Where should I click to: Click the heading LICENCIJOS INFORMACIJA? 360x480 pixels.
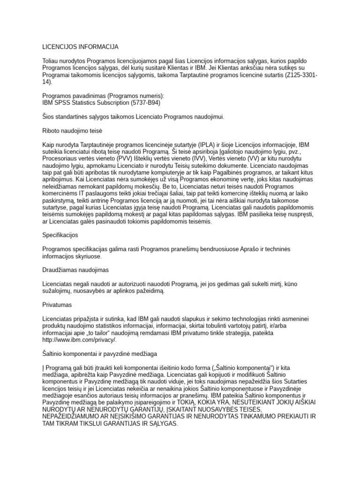coord(80,47)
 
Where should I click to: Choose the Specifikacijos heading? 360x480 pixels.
coord(60,234)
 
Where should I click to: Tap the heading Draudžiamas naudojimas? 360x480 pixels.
coord(75,270)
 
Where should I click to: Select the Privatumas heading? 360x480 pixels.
coord(57,305)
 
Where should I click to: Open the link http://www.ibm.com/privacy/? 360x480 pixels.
coord(79,340)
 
